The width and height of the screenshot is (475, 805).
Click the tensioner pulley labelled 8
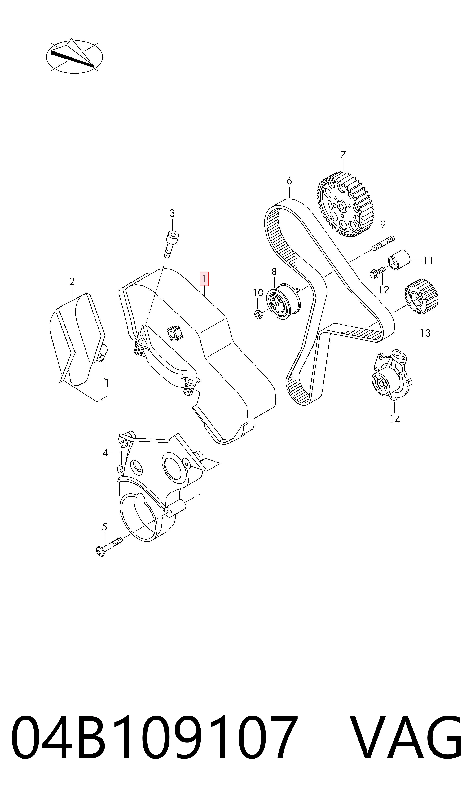point(283,301)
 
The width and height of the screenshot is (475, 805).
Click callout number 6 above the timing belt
point(289,181)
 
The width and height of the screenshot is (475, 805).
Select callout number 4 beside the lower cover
point(105,452)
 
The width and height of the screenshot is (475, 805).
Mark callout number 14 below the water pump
point(395,419)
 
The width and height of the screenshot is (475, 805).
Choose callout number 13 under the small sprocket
point(425,333)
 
